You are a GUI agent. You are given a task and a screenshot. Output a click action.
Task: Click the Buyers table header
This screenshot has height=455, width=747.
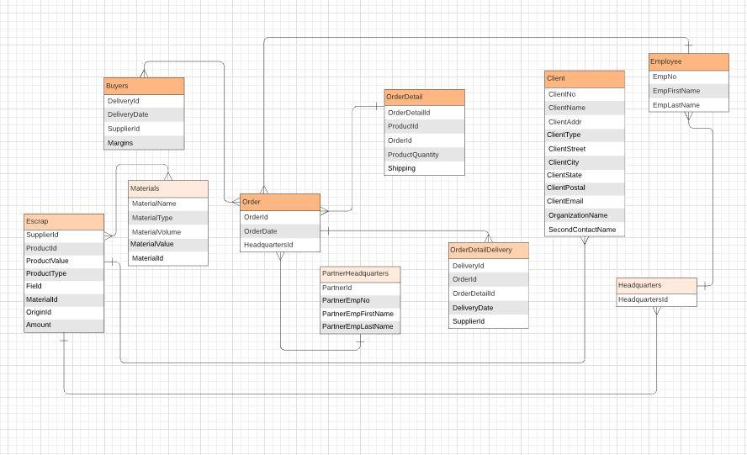click(144, 86)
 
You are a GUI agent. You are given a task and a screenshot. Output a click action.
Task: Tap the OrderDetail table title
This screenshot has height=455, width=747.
click(424, 98)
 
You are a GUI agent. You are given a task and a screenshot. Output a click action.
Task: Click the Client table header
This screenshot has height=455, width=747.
click(585, 78)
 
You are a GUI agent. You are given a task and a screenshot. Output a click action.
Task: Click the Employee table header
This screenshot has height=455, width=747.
click(688, 61)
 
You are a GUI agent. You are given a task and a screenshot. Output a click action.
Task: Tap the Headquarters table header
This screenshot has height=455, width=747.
click(656, 285)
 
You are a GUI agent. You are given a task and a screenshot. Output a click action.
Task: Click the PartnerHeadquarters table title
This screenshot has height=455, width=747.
click(360, 273)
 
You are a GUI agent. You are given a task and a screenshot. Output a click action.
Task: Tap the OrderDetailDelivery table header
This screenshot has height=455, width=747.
click(488, 250)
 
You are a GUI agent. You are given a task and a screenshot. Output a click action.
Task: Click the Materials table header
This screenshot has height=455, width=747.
click(167, 188)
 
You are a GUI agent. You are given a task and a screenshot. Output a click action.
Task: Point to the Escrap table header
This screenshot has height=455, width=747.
click(64, 221)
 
